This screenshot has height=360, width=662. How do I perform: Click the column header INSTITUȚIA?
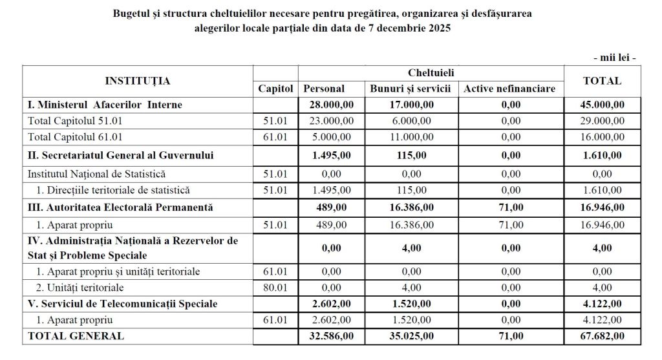[138, 81]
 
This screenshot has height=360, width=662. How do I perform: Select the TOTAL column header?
[602, 81]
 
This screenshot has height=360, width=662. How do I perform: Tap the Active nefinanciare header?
[509, 89]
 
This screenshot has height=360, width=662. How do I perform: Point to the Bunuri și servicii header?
[411, 89]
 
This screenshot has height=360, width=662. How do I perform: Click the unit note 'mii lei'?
[615, 58]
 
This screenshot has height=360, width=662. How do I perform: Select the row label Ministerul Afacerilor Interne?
[104, 104]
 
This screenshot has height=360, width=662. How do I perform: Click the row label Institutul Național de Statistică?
[96, 174]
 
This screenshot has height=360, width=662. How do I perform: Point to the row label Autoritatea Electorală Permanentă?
[120, 207]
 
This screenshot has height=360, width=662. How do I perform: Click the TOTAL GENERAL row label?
[75, 336]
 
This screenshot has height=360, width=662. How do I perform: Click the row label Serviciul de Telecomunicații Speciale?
[122, 304]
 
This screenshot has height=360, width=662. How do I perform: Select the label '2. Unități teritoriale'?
[80, 288]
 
